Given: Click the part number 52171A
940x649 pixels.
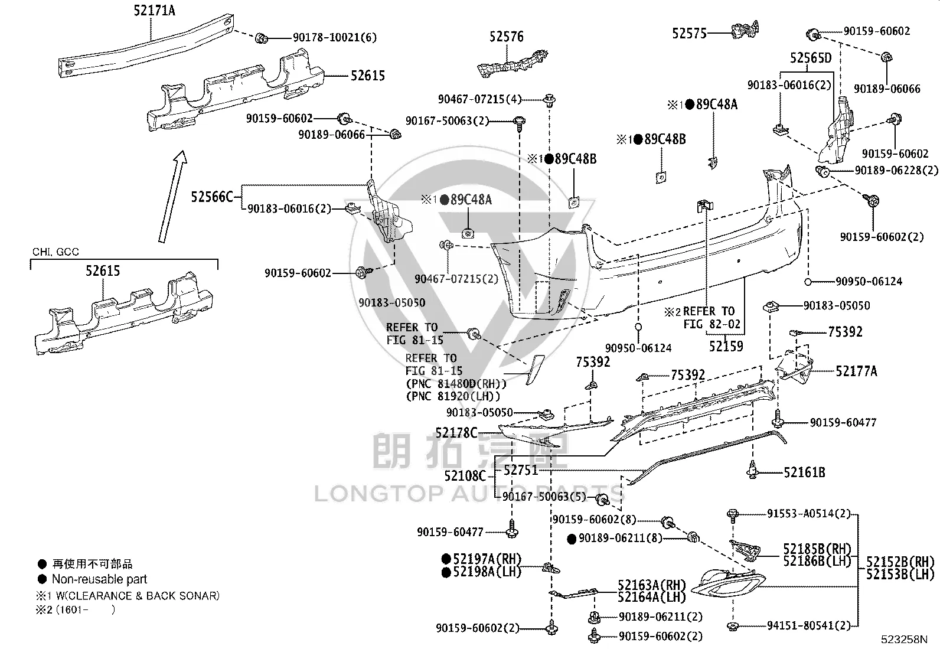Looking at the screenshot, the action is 154,10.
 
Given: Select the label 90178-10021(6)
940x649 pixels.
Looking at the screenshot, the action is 334,37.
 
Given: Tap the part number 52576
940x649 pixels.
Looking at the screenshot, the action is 507,37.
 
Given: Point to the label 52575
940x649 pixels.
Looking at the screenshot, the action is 689,33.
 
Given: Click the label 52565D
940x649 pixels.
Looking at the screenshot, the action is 810,57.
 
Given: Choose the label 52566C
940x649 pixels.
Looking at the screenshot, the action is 212,197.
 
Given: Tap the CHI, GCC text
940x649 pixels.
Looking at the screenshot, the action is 56,252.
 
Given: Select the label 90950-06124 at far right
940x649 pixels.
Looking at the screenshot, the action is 869,281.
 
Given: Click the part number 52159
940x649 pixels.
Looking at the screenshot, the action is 726,346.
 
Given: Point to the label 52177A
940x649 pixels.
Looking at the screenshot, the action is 856,371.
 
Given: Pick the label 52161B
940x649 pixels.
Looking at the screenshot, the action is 804,472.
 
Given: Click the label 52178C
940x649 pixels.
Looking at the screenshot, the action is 456,432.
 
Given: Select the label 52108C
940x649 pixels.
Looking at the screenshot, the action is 465,475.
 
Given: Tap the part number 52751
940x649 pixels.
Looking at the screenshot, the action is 520,470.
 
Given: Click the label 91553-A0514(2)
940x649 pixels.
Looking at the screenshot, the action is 809,514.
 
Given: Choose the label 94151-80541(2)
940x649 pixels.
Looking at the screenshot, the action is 809,625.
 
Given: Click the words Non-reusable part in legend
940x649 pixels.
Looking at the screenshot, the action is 99,579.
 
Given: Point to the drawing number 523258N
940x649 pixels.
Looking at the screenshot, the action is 905,640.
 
